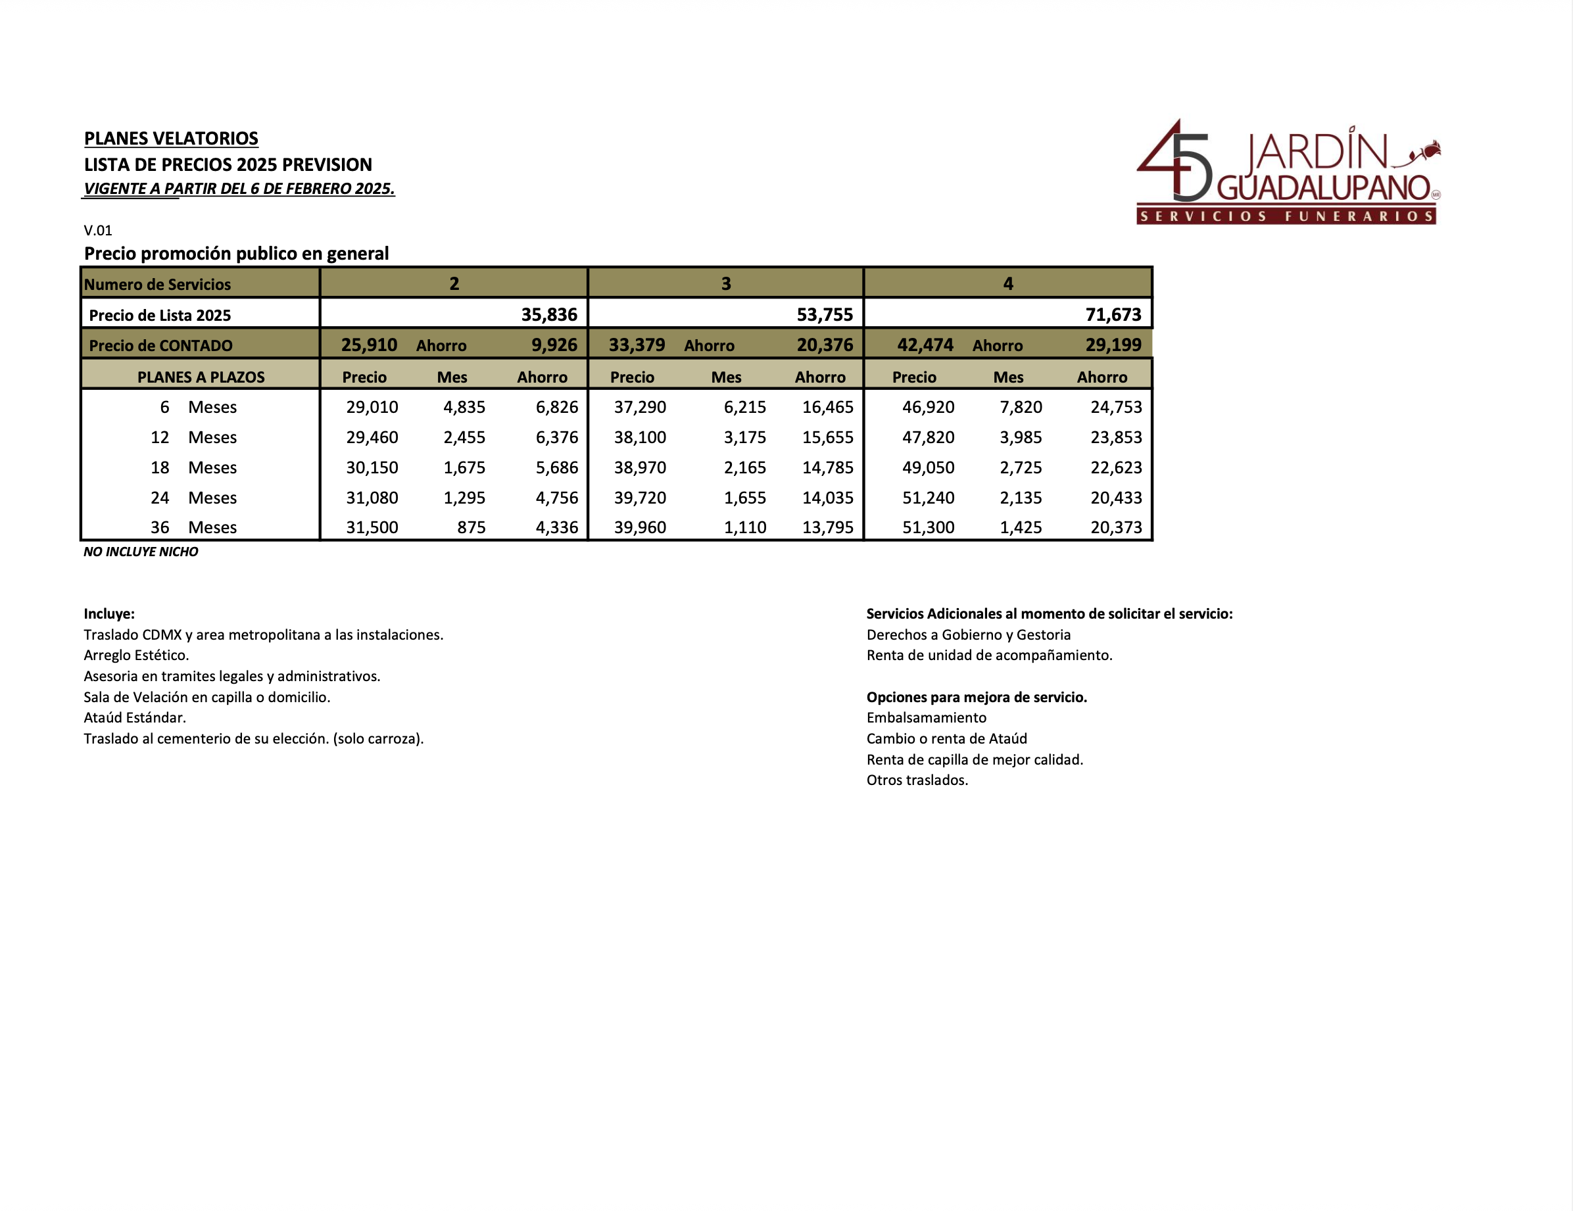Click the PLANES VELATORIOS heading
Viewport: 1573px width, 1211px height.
point(171,138)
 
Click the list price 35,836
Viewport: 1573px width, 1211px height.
point(549,315)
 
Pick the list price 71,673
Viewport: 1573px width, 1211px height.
point(1113,315)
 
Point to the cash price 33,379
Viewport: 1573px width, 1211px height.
point(637,345)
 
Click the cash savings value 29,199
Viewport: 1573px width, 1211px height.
point(1113,345)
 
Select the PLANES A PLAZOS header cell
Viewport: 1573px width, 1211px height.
point(201,377)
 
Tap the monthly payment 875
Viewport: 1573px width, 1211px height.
point(471,527)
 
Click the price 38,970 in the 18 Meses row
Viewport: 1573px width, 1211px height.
point(640,467)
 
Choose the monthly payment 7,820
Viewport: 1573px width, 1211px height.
point(1021,407)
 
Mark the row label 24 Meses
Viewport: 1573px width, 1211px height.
point(193,498)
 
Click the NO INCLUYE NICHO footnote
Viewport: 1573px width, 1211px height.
point(141,552)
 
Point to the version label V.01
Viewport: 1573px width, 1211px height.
point(98,230)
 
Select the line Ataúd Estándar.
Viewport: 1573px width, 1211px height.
point(135,717)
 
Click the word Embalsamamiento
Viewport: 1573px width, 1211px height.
point(926,717)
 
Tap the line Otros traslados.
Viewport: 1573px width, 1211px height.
point(917,780)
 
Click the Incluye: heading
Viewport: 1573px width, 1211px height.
point(109,613)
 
